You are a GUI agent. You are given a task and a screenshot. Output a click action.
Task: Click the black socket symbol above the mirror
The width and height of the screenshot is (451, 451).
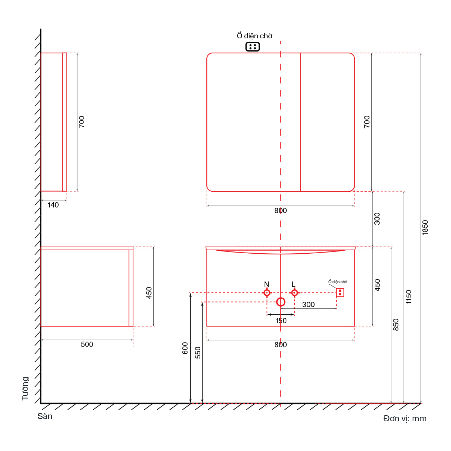pyautogui.click(x=253, y=47)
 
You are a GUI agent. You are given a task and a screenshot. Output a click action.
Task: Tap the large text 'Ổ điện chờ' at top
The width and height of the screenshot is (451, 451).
pyautogui.click(x=254, y=36)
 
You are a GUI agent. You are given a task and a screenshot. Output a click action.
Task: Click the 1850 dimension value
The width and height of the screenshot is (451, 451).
pyautogui.click(x=425, y=227)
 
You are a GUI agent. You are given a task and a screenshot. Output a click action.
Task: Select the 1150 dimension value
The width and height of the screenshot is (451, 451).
pyautogui.click(x=409, y=297)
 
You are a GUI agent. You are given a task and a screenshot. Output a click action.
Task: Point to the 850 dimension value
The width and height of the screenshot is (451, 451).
pyautogui.click(x=395, y=325)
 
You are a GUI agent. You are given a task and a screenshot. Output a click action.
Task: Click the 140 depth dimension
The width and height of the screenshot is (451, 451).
pyautogui.click(x=53, y=205)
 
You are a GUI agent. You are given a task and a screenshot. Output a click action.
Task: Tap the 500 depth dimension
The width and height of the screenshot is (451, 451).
pyautogui.click(x=87, y=344)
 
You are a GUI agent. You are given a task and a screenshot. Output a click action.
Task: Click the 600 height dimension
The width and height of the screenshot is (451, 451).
pyautogui.click(x=185, y=348)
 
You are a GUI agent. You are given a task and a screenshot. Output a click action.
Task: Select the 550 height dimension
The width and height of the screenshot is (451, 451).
pyautogui.click(x=198, y=353)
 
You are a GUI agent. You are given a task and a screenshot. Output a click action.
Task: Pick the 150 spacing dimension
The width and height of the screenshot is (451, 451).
pyautogui.click(x=281, y=321)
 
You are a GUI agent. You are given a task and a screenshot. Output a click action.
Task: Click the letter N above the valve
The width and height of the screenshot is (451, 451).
pyautogui.click(x=266, y=284)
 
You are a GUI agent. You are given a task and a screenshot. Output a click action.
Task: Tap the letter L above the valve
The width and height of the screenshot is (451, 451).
pyautogui.click(x=294, y=284)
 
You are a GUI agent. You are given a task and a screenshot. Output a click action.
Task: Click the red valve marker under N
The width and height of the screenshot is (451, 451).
pyautogui.click(x=267, y=293)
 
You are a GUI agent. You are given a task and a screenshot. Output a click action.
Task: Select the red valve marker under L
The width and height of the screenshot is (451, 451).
pyautogui.click(x=294, y=293)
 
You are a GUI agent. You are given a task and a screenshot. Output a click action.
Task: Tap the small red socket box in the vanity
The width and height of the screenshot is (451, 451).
pyautogui.click(x=340, y=292)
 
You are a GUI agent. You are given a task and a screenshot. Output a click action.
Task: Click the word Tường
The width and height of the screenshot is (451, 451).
pyautogui.click(x=25, y=389)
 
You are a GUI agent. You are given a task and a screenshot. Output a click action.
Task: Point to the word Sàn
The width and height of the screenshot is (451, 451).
pyautogui.click(x=45, y=416)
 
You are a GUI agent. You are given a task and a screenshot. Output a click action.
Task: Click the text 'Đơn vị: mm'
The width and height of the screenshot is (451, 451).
pyautogui.click(x=405, y=418)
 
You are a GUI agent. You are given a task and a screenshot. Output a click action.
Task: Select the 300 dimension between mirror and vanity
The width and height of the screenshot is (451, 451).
pyautogui.click(x=377, y=219)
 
